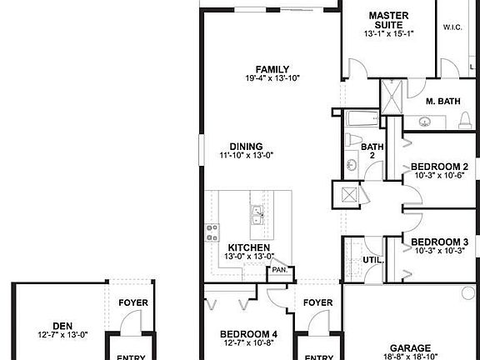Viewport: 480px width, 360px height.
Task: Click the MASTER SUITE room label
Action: pyautogui.click(x=388, y=21)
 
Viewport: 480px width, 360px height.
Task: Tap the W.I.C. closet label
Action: pyautogui.click(x=452, y=27)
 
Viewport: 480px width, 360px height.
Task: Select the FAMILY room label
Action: pyautogui.click(x=272, y=69)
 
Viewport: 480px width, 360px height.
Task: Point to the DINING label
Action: pyautogui.click(x=247, y=146)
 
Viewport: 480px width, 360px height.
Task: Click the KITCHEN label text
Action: pyautogui.click(x=249, y=247)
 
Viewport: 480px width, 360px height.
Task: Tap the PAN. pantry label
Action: pyautogui.click(x=279, y=270)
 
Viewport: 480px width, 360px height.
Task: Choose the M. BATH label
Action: pyautogui.click(x=443, y=102)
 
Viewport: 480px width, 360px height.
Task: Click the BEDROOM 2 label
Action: pyautogui.click(x=441, y=167)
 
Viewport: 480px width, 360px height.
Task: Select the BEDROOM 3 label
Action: pyautogui.click(x=441, y=242)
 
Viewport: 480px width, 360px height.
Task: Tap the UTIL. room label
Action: pyautogui.click(x=372, y=260)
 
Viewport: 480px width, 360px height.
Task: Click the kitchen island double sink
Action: pyautogui.click(x=257, y=215)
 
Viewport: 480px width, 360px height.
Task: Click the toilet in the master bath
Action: pyautogui.click(x=462, y=122)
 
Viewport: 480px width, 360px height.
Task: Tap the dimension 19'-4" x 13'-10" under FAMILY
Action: pyautogui.click(x=272, y=78)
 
